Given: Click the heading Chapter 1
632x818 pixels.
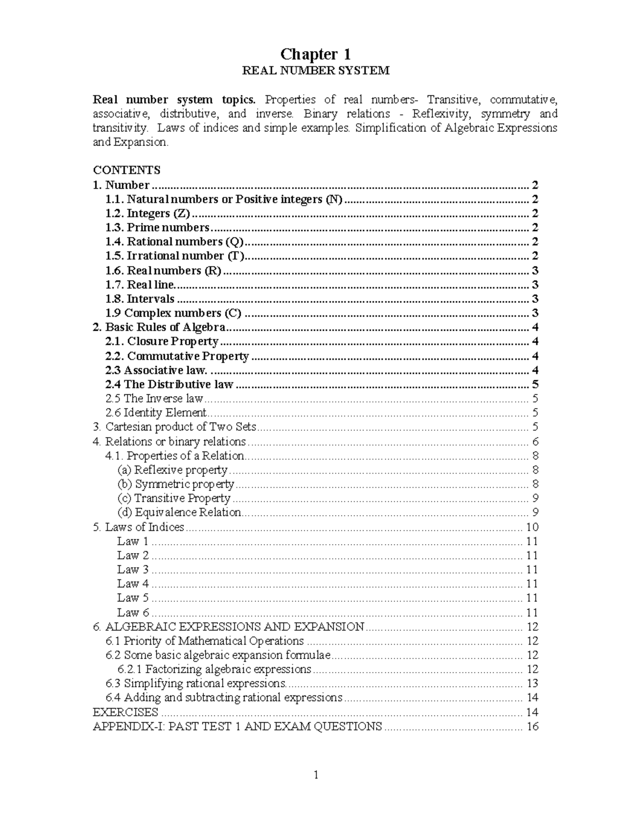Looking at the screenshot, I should click(315, 54).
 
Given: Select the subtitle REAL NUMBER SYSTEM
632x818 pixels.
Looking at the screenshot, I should click(315, 71).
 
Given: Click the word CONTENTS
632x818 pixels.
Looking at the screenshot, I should click(126, 170).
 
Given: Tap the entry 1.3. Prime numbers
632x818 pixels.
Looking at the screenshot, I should click(157, 228).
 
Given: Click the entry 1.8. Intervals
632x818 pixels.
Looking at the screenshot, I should click(140, 299).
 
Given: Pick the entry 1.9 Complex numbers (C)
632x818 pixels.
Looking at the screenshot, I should click(173, 313).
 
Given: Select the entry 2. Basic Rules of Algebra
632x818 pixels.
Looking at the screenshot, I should click(159, 327).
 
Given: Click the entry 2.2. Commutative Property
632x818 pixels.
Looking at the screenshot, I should click(177, 356).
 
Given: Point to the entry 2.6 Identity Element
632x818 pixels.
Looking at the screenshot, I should click(156, 413).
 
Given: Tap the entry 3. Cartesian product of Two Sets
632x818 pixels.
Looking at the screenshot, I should click(174, 427).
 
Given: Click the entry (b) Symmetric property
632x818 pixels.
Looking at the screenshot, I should click(175, 484).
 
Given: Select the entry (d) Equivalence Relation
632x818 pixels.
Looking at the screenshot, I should click(179, 513).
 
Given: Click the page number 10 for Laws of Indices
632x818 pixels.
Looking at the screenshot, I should click(532, 527).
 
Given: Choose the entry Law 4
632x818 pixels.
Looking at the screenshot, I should click(133, 584).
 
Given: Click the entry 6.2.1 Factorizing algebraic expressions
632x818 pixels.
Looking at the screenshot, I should click(214, 669).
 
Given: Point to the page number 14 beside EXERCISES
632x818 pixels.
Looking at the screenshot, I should click(532, 713).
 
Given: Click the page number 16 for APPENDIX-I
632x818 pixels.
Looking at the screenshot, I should click(532, 727).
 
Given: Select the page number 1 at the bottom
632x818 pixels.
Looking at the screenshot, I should click(316, 775).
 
